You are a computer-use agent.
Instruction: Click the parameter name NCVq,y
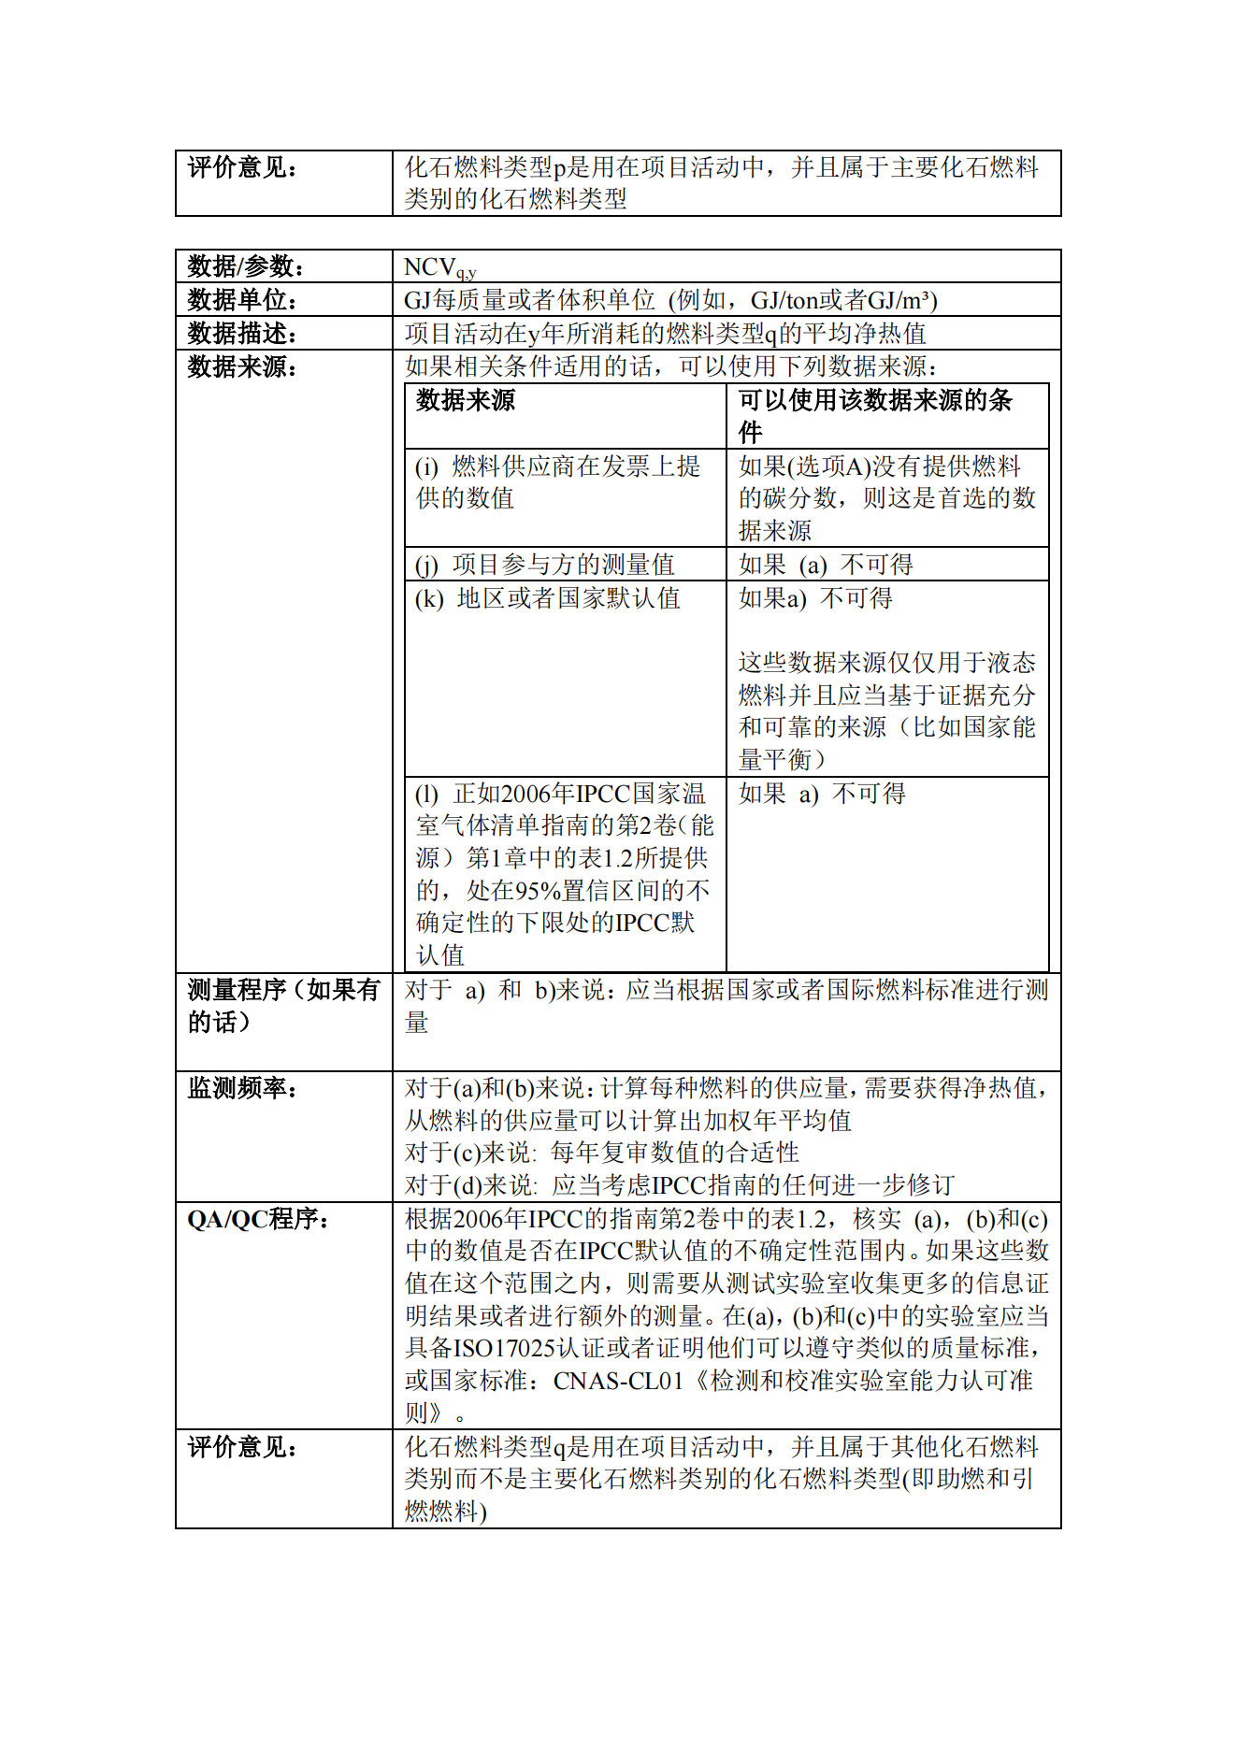pyautogui.click(x=439, y=268)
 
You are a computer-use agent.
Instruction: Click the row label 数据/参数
pyautogui.click(x=245, y=266)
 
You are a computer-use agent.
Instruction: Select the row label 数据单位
pyautogui.click(x=241, y=300)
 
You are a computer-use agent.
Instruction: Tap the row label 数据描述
pyautogui.click(x=241, y=334)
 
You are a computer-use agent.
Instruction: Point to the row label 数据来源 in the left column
pyautogui.click(x=241, y=367)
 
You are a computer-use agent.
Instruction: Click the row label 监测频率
pyautogui.click(x=241, y=1088)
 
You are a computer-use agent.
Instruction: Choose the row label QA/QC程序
pyautogui.click(x=257, y=1219)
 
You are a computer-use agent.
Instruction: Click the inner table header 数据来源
pyautogui.click(x=465, y=401)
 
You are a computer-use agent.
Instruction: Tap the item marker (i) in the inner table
pyautogui.click(x=426, y=466)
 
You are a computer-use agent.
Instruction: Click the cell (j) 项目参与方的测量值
pyautogui.click(x=544, y=565)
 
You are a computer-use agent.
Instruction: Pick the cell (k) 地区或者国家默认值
pyautogui.click(x=547, y=598)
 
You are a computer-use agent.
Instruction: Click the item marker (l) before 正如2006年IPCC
pyautogui.click(x=426, y=795)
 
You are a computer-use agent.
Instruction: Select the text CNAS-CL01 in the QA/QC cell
pyautogui.click(x=618, y=1381)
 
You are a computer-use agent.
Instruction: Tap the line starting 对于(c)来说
pyautogui.click(x=601, y=1153)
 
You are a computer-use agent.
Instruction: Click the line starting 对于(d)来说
pyautogui.click(x=679, y=1185)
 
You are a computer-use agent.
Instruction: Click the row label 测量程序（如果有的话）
pyautogui.click(x=282, y=1005)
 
